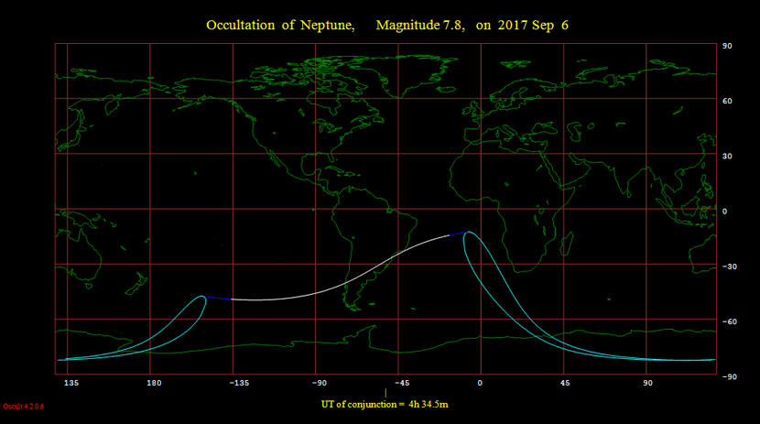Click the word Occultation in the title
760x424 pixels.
(x=238, y=25)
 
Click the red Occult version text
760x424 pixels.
(x=21, y=406)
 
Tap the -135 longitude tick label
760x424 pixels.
(x=237, y=383)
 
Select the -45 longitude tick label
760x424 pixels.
(x=401, y=383)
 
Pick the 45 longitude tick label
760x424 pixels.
(x=565, y=383)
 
